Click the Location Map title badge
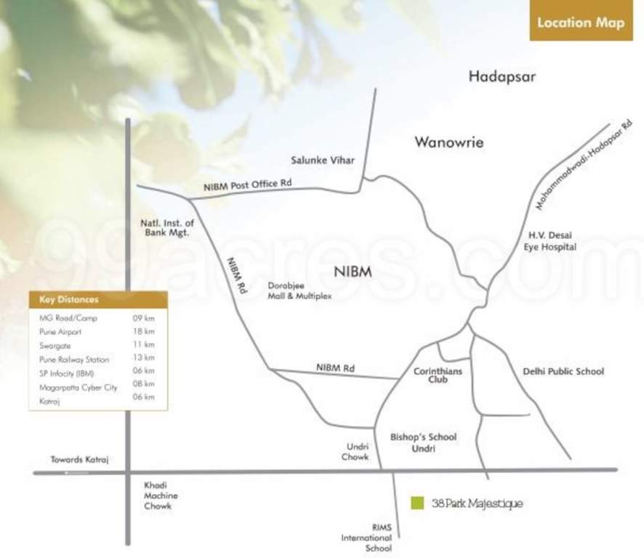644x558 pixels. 580,23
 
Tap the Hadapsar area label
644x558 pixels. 502,76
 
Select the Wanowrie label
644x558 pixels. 448,142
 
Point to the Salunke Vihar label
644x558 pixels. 323,161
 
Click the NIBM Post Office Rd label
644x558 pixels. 247,185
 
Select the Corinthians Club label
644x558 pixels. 438,375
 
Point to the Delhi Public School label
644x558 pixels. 563,371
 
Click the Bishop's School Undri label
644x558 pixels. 423,442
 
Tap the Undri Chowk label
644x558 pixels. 355,451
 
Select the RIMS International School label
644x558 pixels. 367,538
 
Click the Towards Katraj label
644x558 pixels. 79,459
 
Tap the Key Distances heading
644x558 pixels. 69,299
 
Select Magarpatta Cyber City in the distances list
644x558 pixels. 79,387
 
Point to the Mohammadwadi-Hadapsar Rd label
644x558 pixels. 583,166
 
